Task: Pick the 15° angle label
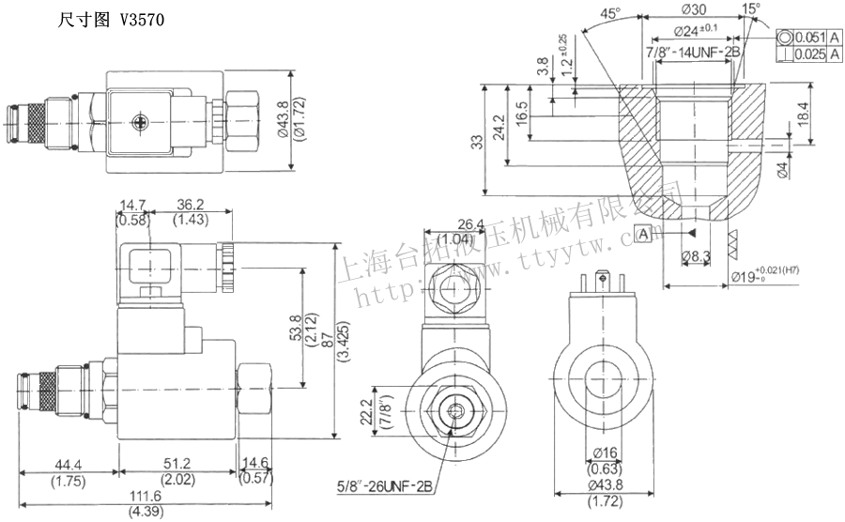[750, 9]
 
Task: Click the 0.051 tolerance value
[809, 38]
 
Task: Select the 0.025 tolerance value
[809, 54]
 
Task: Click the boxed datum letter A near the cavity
[643, 232]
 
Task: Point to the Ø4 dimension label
[784, 171]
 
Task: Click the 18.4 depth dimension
[803, 115]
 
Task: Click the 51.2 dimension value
[176, 465]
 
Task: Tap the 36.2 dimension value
[191, 206]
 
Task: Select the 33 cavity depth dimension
[478, 142]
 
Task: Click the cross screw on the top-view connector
[142, 121]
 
